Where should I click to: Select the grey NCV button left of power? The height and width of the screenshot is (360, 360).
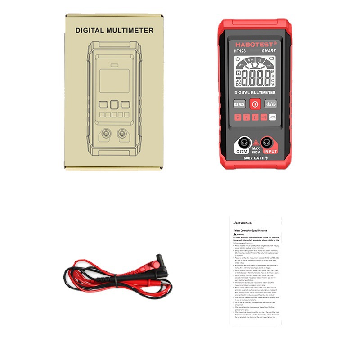[239, 104]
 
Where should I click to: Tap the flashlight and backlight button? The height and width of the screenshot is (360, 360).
[270, 104]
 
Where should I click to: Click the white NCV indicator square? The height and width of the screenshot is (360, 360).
[272, 117]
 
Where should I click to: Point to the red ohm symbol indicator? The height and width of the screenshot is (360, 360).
[255, 117]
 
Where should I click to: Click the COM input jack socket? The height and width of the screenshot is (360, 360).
[243, 143]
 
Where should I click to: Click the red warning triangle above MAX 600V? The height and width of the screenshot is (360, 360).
[256, 142]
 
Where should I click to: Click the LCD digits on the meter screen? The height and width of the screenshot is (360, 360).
[255, 78]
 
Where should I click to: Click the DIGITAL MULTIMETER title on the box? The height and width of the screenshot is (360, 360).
[114, 31]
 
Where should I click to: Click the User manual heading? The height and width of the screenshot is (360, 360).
[243, 223]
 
